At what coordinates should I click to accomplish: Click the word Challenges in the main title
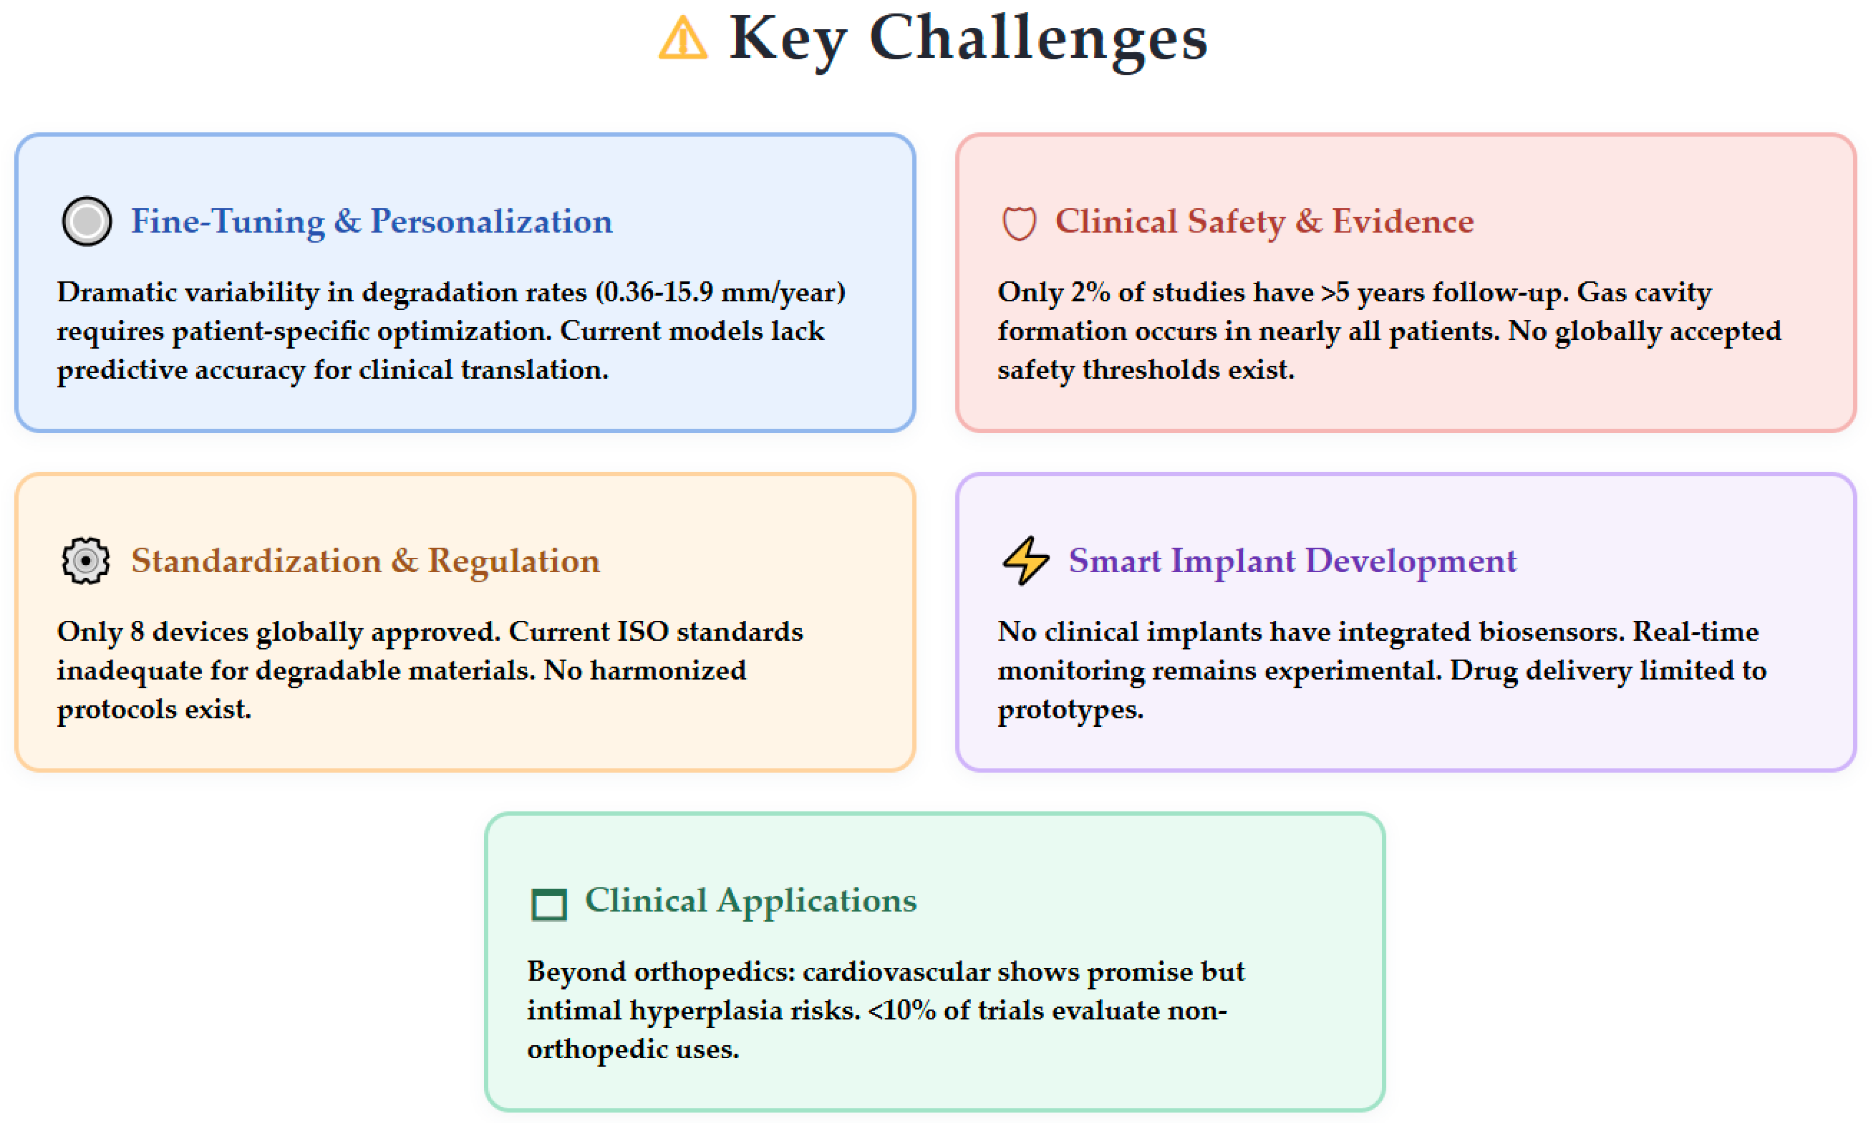pos(1038,39)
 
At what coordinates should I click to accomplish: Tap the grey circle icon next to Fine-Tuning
pos(87,221)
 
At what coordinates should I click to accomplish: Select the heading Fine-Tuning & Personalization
pos(372,221)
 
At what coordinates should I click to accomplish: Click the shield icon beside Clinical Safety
pos(1019,223)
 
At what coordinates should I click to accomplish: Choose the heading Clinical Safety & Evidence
pos(1264,221)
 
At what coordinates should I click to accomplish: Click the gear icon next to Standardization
pos(86,561)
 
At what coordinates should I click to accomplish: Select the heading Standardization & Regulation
pos(366,561)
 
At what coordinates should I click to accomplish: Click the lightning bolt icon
pos(1025,561)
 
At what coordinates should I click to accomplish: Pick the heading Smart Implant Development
pos(1292,561)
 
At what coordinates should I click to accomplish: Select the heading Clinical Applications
pos(751,900)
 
